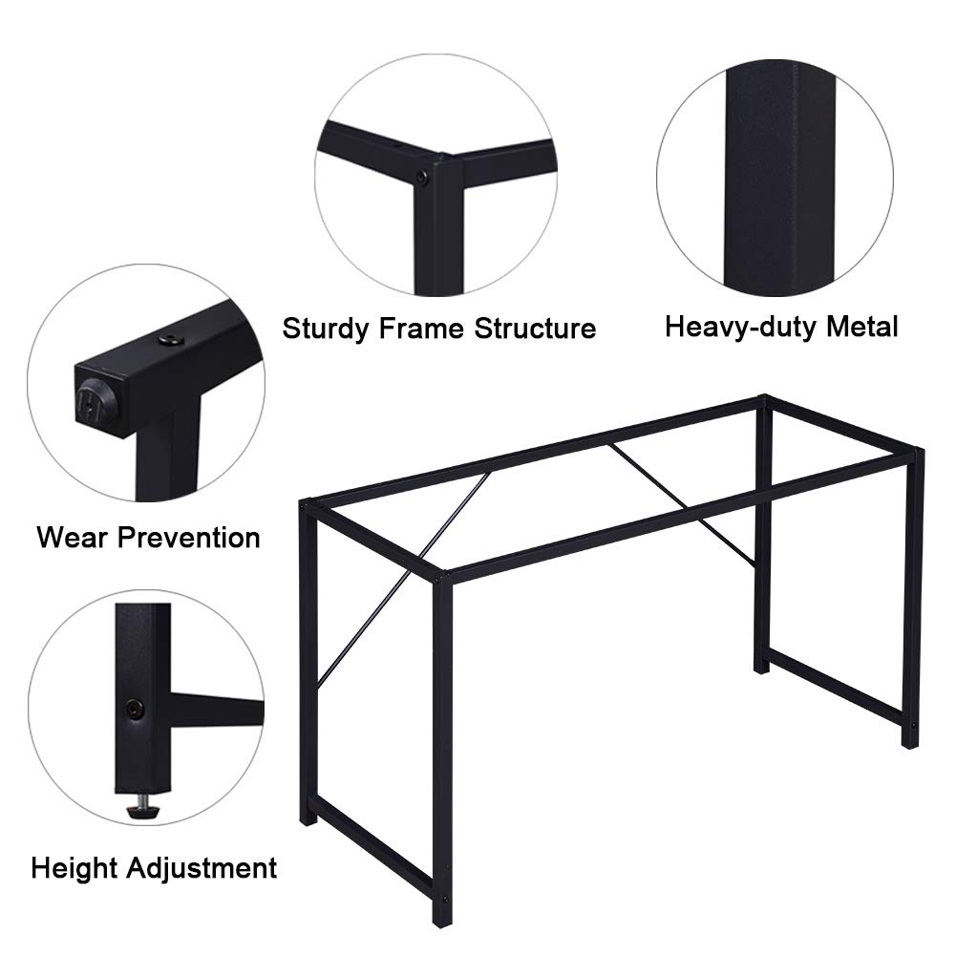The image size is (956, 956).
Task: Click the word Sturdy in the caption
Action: pos(326,329)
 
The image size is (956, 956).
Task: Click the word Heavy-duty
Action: pos(741,327)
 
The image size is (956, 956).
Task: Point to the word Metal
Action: pos(862,327)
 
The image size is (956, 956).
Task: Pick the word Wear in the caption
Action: pos(72,538)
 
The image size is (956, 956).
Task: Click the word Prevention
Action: pos(189,538)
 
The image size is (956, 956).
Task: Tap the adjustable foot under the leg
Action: pos(142,806)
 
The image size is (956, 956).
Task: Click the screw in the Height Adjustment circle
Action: pos(134,709)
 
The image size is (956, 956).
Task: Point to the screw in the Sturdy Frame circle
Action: pos(422,178)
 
